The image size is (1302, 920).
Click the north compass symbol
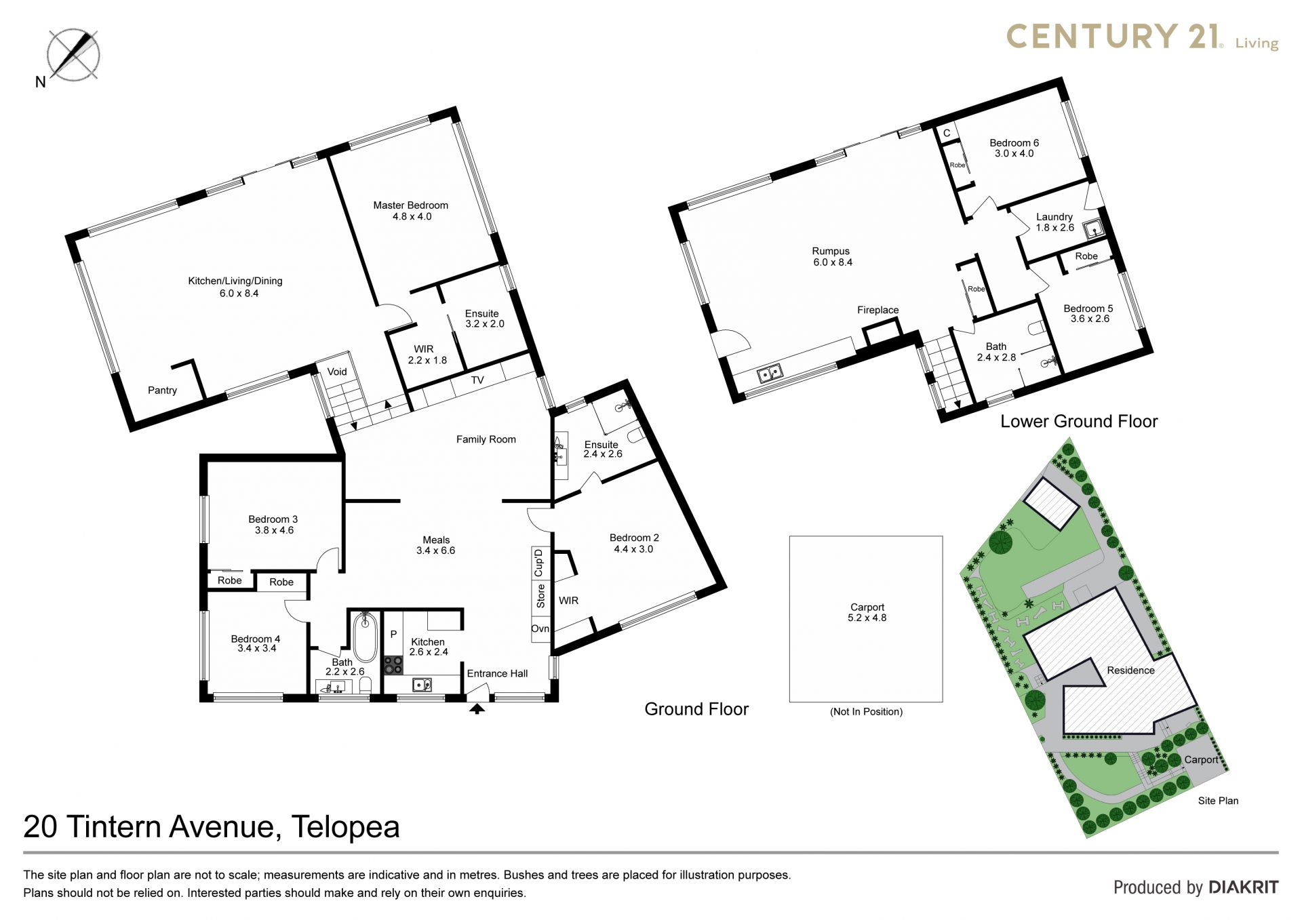pyautogui.click(x=73, y=54)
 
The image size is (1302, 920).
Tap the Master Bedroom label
pyautogui.click(x=410, y=205)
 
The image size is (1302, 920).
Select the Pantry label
pyautogui.click(x=162, y=391)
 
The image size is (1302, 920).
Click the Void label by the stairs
pyautogui.click(x=337, y=372)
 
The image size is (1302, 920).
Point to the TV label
pyautogui.click(x=477, y=380)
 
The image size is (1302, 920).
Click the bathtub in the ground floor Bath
pyautogui.click(x=365, y=637)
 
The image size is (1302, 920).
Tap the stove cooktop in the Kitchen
pyautogui.click(x=393, y=664)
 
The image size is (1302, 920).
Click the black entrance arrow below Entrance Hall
pyautogui.click(x=477, y=708)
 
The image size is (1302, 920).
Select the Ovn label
pyautogui.click(x=540, y=628)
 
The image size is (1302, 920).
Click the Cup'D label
pyautogui.click(x=539, y=563)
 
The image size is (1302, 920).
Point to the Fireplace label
pyautogui.click(x=877, y=311)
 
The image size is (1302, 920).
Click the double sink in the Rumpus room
pyautogui.click(x=770, y=373)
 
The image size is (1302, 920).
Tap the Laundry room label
pyautogui.click(x=1054, y=217)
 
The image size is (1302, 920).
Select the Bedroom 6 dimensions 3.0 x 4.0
pyautogui.click(x=1014, y=154)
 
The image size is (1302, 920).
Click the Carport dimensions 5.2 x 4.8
pyautogui.click(x=867, y=618)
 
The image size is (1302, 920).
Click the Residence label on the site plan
pyautogui.click(x=1130, y=671)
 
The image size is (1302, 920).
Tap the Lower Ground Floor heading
pyautogui.click(x=1079, y=422)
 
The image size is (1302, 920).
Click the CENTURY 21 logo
pyautogui.click(x=1142, y=37)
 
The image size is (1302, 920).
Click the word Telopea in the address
pyautogui.click(x=346, y=827)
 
